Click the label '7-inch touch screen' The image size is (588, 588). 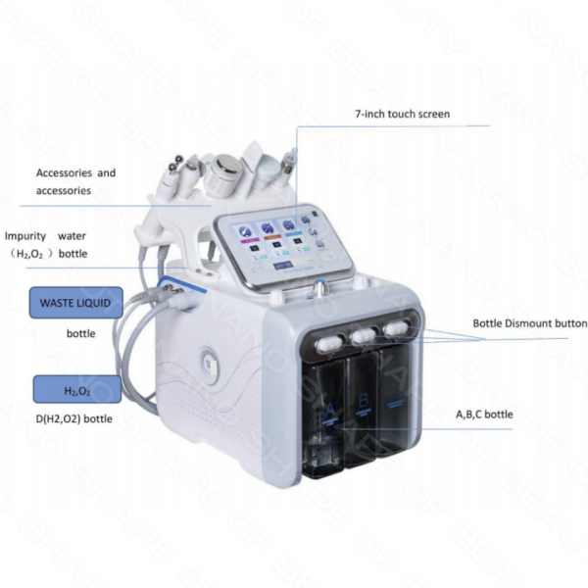(402, 115)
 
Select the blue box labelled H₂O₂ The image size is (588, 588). (77, 390)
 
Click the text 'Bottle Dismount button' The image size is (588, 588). (529, 323)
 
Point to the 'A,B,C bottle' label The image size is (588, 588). (484, 415)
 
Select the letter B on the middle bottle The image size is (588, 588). (364, 399)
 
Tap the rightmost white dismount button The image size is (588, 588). (397, 326)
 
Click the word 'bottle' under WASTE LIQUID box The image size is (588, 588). (81, 333)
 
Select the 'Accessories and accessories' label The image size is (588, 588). (75, 181)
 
